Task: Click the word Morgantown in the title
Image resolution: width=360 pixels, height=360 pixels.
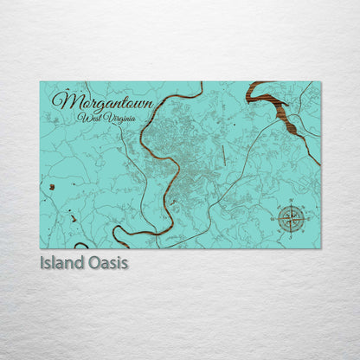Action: (102, 102)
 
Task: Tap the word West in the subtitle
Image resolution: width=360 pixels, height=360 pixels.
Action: (87, 117)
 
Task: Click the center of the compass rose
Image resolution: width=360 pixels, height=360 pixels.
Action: (292, 218)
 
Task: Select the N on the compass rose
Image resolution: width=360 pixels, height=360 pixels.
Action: (292, 202)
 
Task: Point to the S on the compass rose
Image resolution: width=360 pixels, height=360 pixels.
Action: (292, 235)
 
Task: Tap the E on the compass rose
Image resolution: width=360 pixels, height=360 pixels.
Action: (308, 218)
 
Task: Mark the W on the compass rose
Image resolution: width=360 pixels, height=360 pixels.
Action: (275, 218)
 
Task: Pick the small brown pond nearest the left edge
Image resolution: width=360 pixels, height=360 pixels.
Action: (52, 187)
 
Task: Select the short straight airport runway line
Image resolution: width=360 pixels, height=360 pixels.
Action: (222, 154)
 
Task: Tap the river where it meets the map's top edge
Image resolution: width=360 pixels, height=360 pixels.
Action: (202, 83)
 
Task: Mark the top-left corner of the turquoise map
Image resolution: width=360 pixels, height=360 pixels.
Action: (41, 82)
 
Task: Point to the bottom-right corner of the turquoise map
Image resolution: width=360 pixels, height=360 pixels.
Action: (320, 249)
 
